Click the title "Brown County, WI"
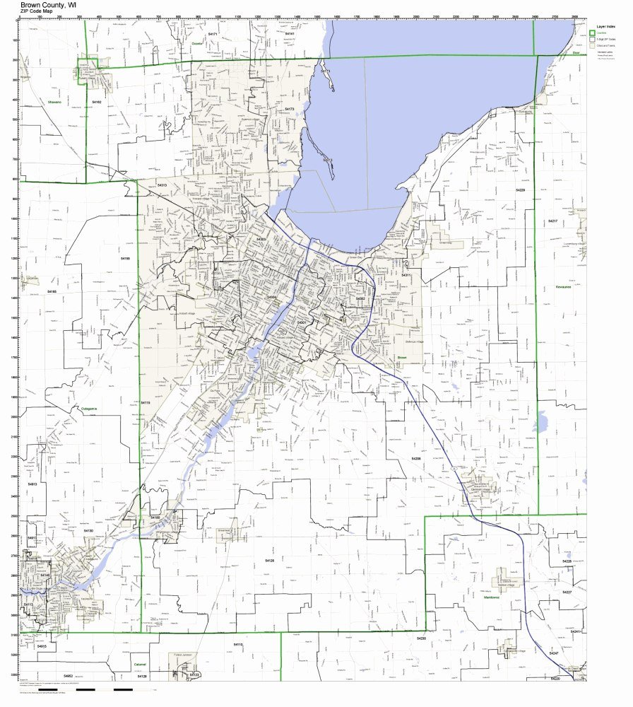point(49,4)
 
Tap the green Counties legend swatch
point(593,33)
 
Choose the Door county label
point(576,53)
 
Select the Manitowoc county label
point(492,597)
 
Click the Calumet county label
point(140,665)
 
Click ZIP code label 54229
point(520,190)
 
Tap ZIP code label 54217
point(553,221)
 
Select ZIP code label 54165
point(52,291)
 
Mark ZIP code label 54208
point(416,459)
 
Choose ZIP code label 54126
point(269,560)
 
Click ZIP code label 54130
point(88,530)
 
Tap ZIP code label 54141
point(289,33)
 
